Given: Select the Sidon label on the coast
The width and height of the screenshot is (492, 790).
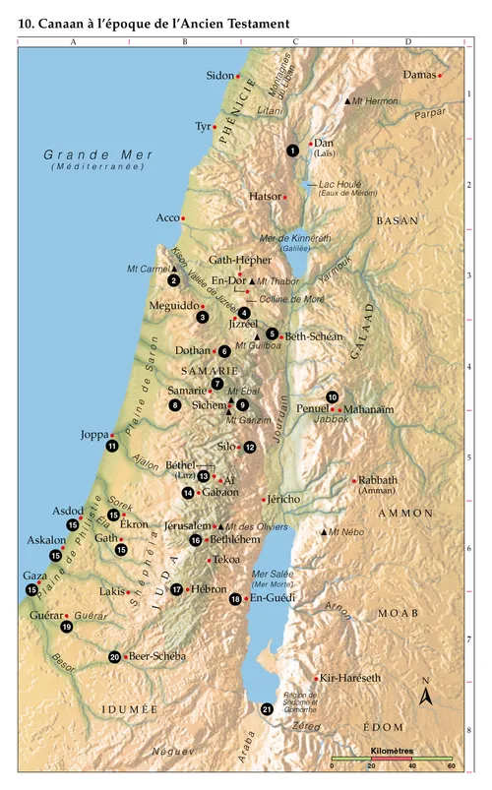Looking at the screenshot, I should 219,76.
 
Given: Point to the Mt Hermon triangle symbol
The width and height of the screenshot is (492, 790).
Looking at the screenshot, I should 347,100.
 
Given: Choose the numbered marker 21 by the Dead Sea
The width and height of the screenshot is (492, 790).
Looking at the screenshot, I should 267,708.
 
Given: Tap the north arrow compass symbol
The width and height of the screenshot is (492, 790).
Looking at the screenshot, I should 426,696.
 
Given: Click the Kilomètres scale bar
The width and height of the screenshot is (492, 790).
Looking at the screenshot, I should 392,761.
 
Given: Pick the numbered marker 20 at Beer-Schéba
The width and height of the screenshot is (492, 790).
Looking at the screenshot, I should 114,656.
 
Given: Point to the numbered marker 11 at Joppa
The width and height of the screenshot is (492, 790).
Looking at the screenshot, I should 112,446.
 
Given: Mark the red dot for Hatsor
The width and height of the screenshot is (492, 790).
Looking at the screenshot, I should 285,197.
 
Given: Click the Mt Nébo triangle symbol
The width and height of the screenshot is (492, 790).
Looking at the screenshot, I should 324,532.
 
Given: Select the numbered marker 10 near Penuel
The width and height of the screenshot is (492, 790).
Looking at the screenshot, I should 333,396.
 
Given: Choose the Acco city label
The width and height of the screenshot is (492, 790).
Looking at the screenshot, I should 168,217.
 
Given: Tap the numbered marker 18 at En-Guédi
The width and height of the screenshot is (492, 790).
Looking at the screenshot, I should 235,598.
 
